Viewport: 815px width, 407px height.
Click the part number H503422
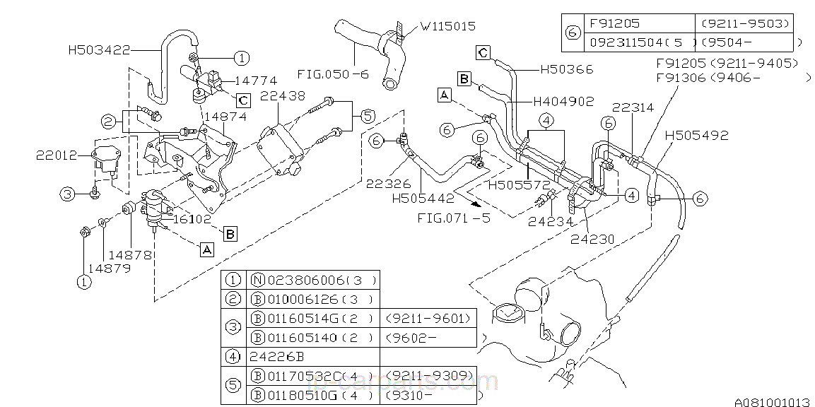(98, 50)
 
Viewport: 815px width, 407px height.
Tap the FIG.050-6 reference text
(332, 73)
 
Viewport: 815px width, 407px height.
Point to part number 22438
(282, 95)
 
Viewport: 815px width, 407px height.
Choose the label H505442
(423, 199)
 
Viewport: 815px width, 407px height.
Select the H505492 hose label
(696, 134)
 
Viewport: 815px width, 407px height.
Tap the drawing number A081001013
(771, 401)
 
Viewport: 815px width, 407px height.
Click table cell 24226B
(276, 357)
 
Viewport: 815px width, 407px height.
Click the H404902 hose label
(563, 101)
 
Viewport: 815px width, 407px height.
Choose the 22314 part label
(633, 107)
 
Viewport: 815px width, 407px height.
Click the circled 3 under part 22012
(67, 194)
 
